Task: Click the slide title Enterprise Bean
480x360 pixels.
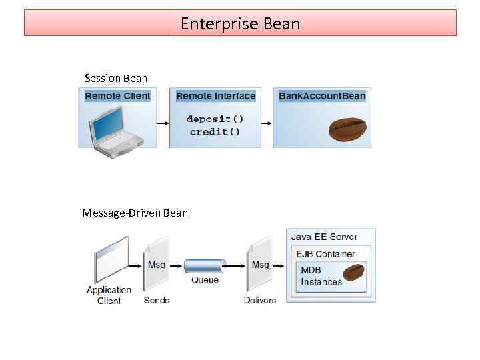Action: tap(240, 24)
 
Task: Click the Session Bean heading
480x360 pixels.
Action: tap(116, 78)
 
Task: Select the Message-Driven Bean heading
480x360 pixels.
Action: tap(135, 213)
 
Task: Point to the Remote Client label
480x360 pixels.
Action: tap(117, 96)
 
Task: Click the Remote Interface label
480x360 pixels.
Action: tap(215, 96)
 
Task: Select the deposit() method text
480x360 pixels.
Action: tap(215, 119)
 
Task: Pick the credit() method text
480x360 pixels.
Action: tap(215, 131)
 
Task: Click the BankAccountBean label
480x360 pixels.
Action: tap(322, 96)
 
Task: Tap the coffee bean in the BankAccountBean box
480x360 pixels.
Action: tap(347, 129)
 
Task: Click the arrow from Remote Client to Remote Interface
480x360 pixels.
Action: tap(163, 123)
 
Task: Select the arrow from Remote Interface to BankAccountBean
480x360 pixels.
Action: tap(265, 123)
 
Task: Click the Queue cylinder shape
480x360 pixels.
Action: tap(205, 265)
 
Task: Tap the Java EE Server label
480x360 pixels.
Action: tap(324, 237)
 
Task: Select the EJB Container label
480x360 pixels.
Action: tap(326, 254)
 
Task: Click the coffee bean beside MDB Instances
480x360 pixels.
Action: tap(353, 273)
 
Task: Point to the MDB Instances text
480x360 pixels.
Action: tap(321, 276)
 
